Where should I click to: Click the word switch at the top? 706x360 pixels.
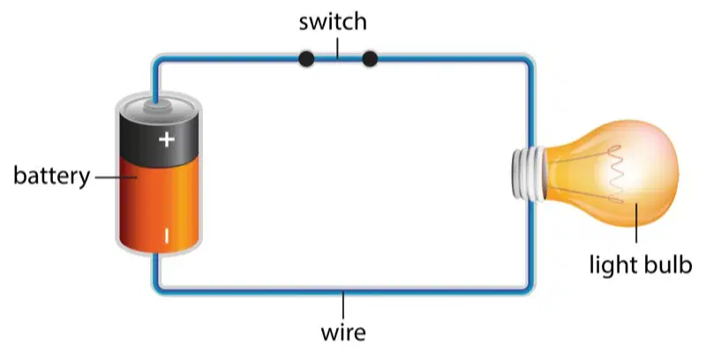(333, 22)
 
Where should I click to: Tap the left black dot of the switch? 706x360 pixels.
(306, 59)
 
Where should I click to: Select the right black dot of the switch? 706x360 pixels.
(370, 59)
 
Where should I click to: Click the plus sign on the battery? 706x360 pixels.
(167, 139)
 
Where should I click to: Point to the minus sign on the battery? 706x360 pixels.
(167, 236)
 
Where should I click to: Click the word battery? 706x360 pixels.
(52, 176)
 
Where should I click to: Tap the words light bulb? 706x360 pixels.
(641, 264)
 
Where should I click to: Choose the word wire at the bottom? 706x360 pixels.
(343, 333)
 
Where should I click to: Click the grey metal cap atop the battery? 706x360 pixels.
(157, 106)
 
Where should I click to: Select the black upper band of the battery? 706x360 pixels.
(159, 138)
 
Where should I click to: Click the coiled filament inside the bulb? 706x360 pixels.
(614, 174)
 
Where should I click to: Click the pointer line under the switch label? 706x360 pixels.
(337, 49)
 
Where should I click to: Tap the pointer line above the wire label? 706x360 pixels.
(343, 305)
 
